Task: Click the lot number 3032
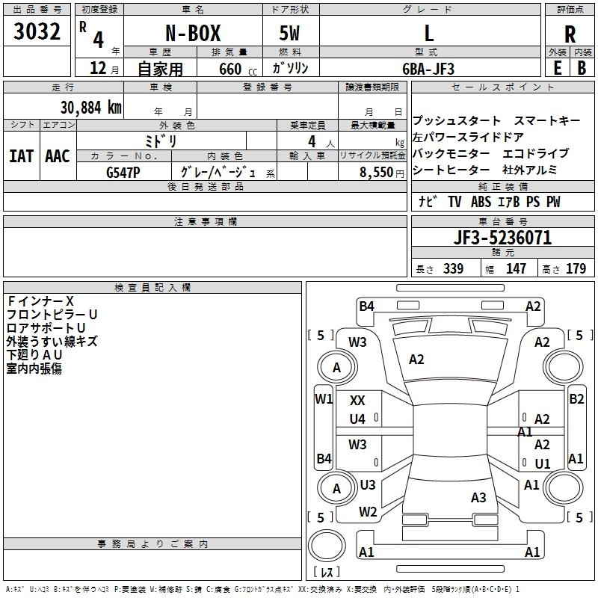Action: point(37,32)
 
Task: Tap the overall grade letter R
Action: point(570,34)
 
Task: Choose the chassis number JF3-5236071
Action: point(502,238)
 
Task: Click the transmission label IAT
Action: point(21,156)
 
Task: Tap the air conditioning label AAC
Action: point(58,156)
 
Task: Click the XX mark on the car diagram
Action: point(358,401)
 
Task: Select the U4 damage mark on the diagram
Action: point(358,419)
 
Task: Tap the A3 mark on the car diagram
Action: point(478,498)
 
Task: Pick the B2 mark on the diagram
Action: point(576,399)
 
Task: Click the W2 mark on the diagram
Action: point(367,512)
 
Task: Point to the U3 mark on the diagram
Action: point(367,485)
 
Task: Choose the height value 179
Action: point(576,269)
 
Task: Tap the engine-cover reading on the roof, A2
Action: point(416,360)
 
